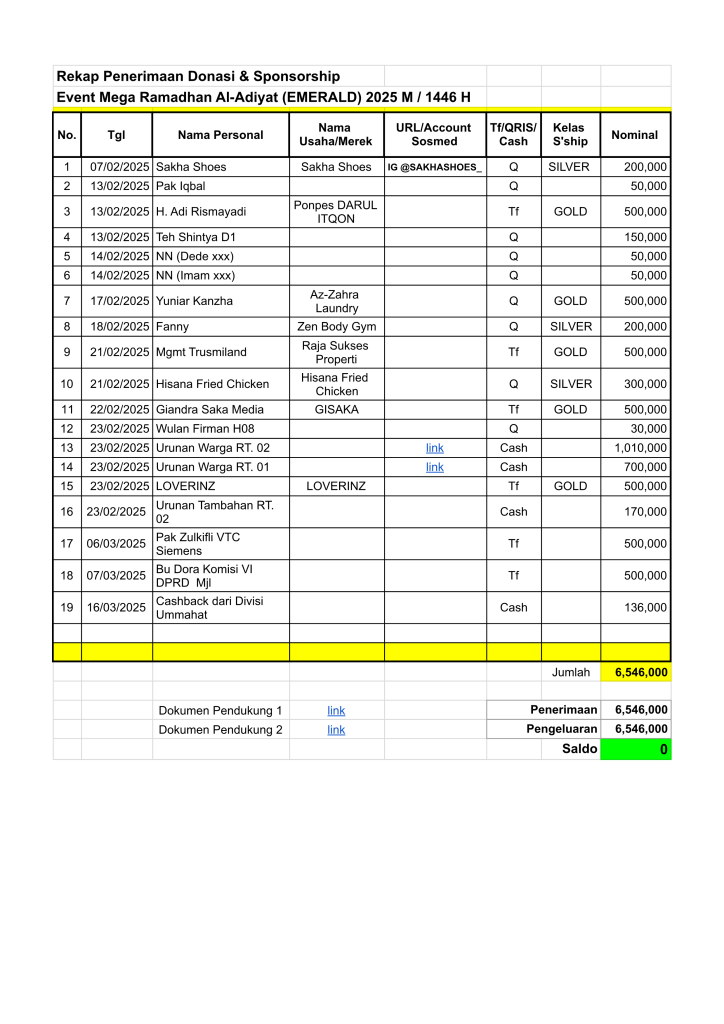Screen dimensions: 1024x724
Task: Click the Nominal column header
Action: pyautogui.click(x=635, y=135)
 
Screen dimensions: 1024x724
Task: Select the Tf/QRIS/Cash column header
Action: pyautogui.click(x=513, y=135)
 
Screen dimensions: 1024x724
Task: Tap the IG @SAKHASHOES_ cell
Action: pyautogui.click(x=434, y=167)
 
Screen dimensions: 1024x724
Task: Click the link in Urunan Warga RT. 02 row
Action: pyautogui.click(x=435, y=448)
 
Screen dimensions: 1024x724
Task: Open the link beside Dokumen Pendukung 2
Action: pyautogui.click(x=336, y=730)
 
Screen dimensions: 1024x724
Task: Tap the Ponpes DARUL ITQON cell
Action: pyautogui.click(x=336, y=212)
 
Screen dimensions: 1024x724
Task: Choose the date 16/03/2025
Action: pyautogui.click(x=117, y=607)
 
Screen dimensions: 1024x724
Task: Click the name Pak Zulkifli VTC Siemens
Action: pyautogui.click(x=198, y=544)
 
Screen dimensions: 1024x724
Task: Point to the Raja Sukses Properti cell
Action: pyautogui.click(x=336, y=352)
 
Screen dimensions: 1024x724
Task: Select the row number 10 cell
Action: pyautogui.click(x=67, y=384)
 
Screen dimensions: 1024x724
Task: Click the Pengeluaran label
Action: pyautogui.click(x=562, y=730)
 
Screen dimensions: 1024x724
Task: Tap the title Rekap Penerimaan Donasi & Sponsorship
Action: pyautogui.click(x=198, y=76)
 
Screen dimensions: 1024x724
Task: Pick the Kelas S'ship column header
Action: pyautogui.click(x=570, y=135)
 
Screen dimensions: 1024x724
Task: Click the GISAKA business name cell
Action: pyautogui.click(x=336, y=410)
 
